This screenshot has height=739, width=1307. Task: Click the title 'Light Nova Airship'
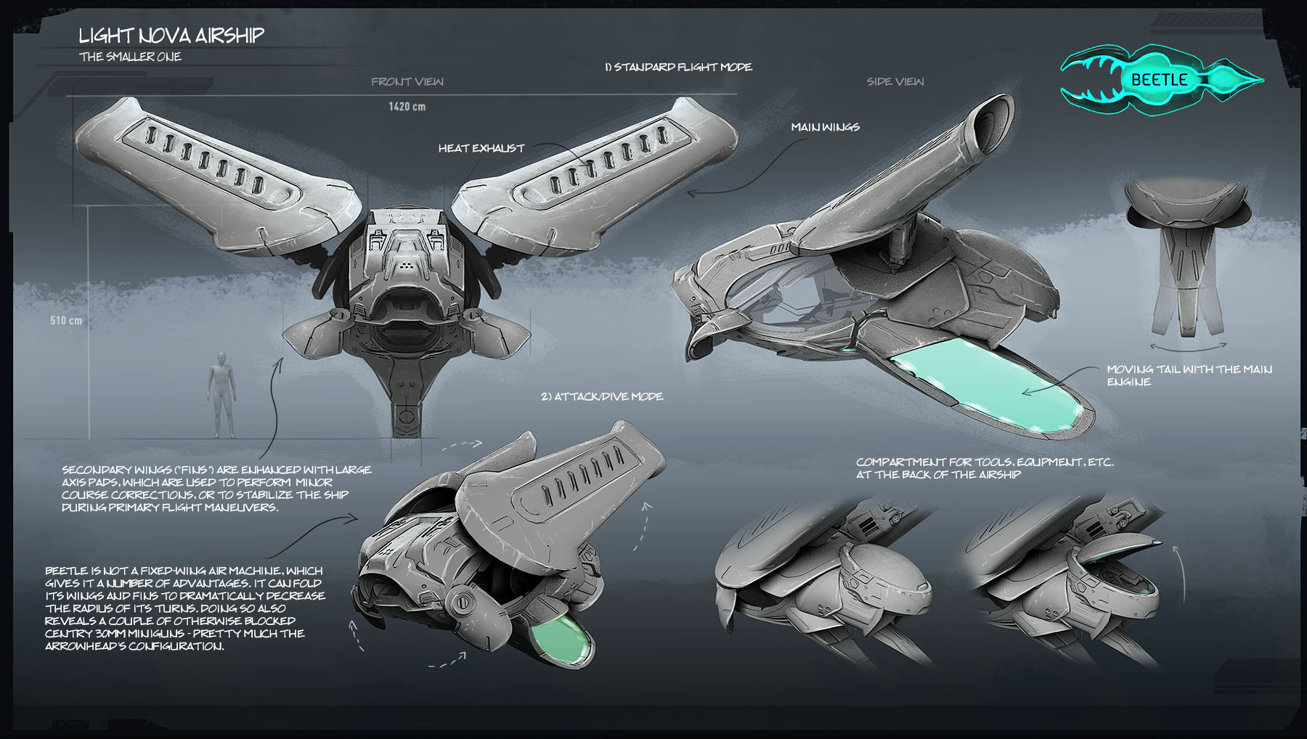(x=171, y=36)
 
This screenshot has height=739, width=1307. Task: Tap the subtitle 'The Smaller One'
(x=130, y=57)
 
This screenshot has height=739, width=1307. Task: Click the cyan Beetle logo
(x=1160, y=80)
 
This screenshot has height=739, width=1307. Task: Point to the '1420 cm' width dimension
(x=407, y=107)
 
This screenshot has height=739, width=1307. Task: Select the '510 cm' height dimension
(x=66, y=320)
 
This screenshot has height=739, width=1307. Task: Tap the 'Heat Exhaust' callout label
(x=481, y=148)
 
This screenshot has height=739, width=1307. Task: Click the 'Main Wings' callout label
(x=825, y=127)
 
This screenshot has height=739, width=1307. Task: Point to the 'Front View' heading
(x=407, y=81)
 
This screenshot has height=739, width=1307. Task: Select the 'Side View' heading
(x=895, y=81)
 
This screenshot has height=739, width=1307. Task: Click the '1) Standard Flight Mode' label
(x=678, y=67)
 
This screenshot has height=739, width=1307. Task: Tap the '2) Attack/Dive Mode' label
(x=601, y=396)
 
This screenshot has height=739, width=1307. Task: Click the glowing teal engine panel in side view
(x=988, y=385)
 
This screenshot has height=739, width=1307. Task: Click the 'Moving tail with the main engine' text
(x=1189, y=375)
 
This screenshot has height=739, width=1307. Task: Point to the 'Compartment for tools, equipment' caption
(x=984, y=468)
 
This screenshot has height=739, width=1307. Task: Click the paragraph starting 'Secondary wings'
(x=216, y=489)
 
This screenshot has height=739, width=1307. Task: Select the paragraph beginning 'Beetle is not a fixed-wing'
(x=185, y=608)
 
